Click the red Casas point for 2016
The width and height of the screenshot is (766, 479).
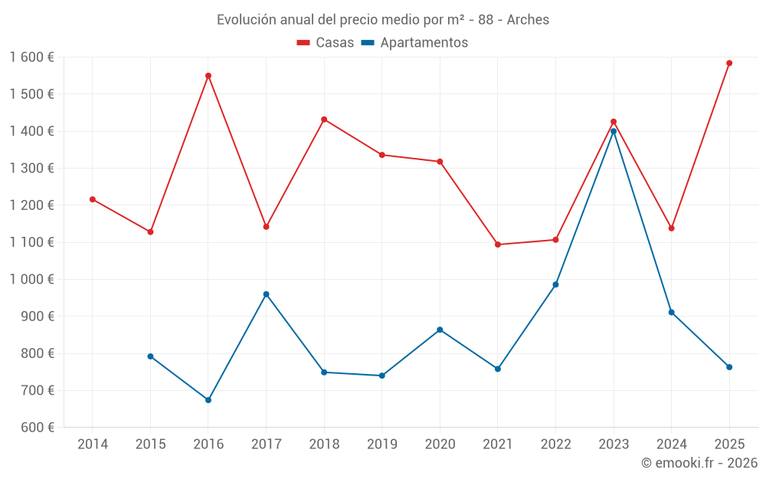(x=208, y=76)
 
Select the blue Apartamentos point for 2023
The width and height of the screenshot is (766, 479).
(x=614, y=131)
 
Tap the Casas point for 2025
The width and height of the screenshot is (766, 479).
(x=729, y=63)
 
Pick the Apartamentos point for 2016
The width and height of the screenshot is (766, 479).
(x=208, y=400)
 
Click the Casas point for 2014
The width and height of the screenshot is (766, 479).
(x=93, y=199)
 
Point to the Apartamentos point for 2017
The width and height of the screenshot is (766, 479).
(x=266, y=294)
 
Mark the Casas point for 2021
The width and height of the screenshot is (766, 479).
(x=498, y=244)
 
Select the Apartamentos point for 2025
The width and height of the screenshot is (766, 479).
(x=729, y=367)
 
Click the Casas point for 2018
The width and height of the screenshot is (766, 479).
(x=324, y=120)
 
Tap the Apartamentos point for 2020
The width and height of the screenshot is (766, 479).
(x=440, y=330)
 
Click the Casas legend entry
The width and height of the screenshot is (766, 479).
(x=326, y=43)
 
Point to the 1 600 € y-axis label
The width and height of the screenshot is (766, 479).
(x=31, y=57)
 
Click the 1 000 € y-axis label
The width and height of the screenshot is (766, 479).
(x=31, y=279)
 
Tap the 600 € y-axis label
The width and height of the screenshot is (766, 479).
(x=36, y=428)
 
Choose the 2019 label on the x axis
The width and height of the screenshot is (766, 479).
(x=381, y=444)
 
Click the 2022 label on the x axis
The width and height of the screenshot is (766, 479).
(x=555, y=444)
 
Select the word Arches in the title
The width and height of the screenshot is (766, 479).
(x=528, y=20)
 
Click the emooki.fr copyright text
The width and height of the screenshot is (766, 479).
(x=699, y=463)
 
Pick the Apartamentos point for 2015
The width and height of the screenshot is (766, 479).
(x=150, y=356)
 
